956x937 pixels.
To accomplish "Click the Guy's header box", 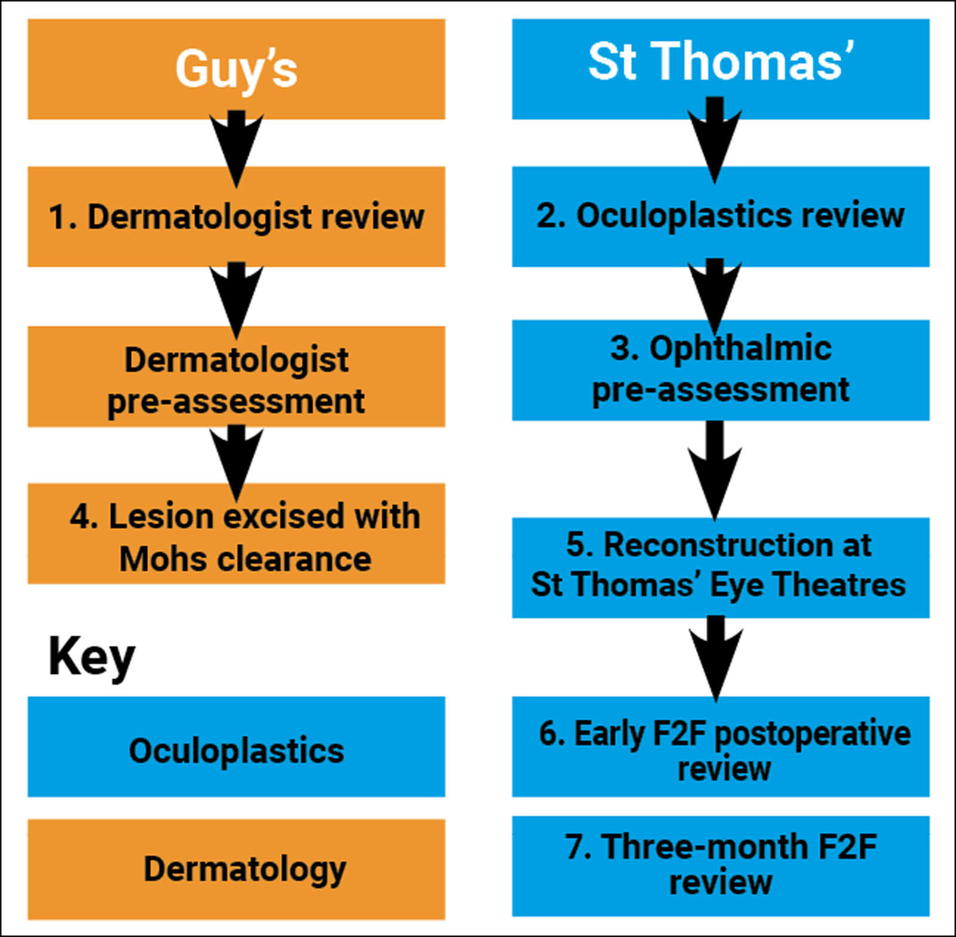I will point(236,69).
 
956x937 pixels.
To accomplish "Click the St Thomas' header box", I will point(720,69).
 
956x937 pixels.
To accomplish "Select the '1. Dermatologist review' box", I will point(236,216).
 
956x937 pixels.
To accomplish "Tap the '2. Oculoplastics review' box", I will point(720,216).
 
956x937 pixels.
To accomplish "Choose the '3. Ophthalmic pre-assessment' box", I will point(720,370).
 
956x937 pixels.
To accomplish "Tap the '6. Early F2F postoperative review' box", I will point(720,747).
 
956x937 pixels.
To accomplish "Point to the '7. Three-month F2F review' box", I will point(720,865).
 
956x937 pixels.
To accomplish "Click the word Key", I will point(91,657).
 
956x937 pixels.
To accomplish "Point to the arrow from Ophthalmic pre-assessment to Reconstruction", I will point(715,469).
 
